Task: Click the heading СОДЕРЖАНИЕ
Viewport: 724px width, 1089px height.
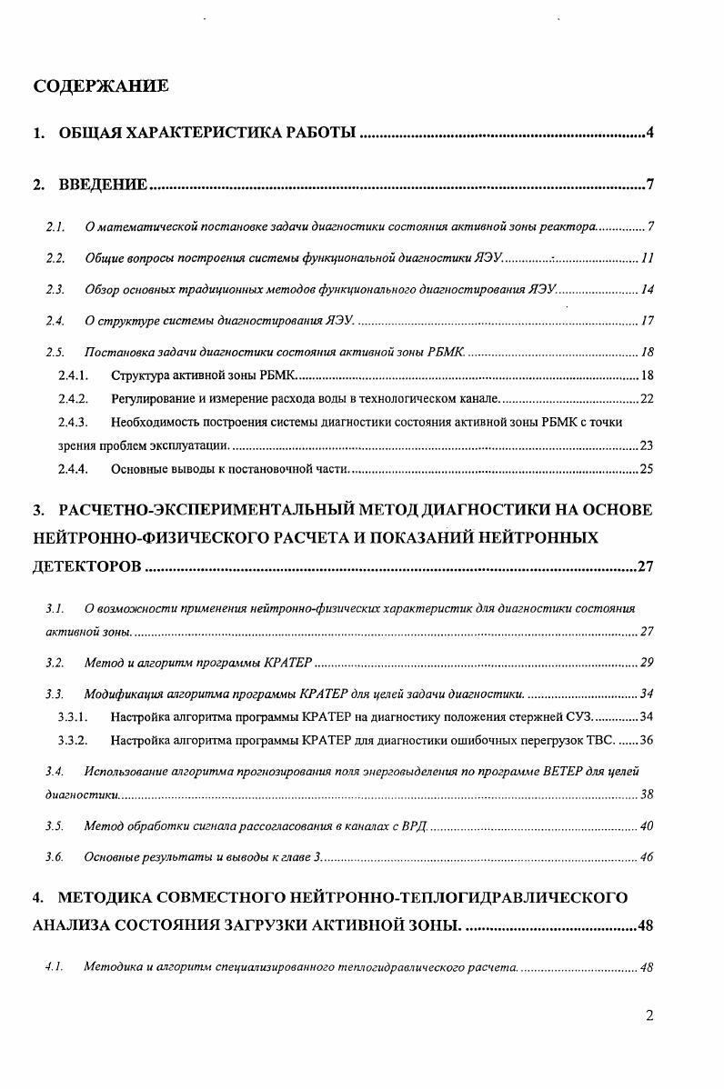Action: (x=100, y=86)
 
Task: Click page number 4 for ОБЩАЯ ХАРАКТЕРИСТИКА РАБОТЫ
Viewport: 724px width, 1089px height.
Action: (x=650, y=133)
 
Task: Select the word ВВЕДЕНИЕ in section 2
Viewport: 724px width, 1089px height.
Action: (x=103, y=185)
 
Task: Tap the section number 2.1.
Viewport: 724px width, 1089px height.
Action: (x=55, y=225)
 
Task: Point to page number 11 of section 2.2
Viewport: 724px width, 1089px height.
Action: (x=647, y=259)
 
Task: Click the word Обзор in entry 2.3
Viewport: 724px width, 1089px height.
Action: (x=102, y=290)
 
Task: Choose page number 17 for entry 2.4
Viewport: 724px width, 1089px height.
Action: (x=648, y=321)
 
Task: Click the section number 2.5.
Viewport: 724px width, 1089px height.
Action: (x=55, y=352)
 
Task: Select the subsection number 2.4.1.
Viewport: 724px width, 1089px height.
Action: (x=73, y=375)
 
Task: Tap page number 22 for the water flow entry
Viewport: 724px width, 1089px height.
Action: (x=647, y=399)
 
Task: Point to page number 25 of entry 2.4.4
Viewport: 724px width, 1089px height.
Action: (x=647, y=469)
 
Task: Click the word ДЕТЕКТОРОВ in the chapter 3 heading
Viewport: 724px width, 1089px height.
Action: (x=86, y=567)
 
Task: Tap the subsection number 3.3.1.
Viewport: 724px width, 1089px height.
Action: (x=73, y=717)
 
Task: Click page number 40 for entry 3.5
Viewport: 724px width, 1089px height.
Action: (x=647, y=826)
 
